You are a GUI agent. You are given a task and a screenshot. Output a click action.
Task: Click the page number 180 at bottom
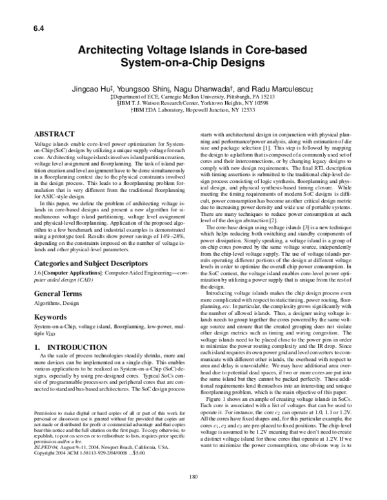coord(193,477)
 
